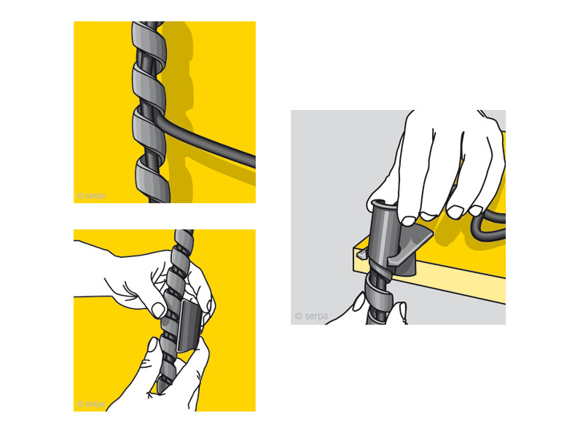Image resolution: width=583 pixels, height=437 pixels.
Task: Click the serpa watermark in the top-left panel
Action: (x=91, y=195)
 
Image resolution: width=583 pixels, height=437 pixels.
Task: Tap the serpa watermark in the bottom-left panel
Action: (x=91, y=403)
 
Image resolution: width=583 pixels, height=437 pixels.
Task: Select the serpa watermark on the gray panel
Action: (x=311, y=316)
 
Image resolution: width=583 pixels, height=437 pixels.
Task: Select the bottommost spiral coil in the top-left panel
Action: (x=152, y=180)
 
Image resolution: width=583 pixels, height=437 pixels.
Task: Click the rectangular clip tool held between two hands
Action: (x=189, y=326)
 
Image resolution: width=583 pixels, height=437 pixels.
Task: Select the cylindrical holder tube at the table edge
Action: (x=384, y=235)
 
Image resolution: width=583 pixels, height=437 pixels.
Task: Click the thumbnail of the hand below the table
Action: (x=359, y=301)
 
